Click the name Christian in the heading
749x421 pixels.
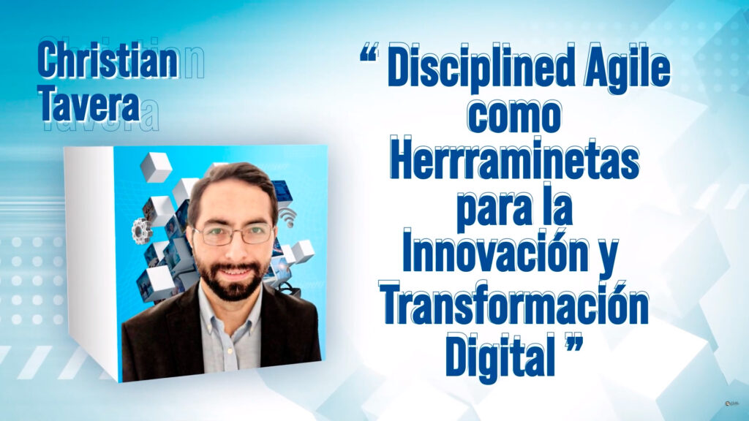[x=108, y=60]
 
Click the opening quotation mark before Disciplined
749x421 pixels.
[x=369, y=55]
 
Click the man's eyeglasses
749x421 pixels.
[x=233, y=234]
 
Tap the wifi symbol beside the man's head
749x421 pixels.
[x=287, y=218]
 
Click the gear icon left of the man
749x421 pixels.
[x=141, y=231]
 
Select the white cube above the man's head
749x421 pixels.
[x=157, y=167]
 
